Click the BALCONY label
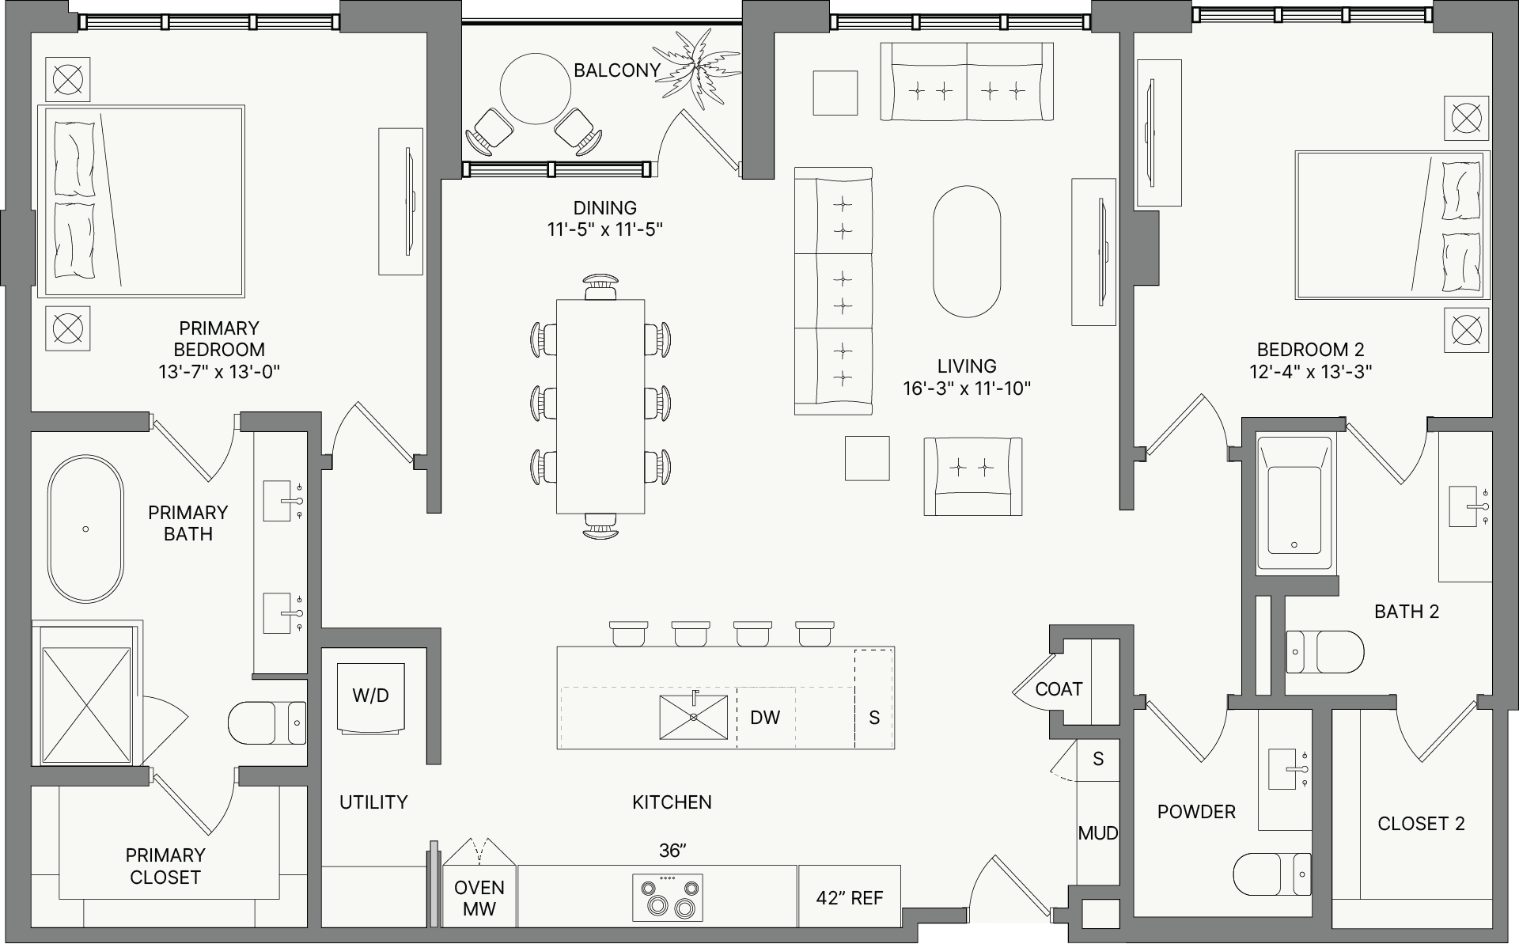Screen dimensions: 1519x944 click(x=616, y=70)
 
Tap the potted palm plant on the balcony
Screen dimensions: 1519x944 click(x=699, y=70)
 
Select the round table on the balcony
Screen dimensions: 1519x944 click(x=536, y=88)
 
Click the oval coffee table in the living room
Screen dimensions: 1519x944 click(x=967, y=251)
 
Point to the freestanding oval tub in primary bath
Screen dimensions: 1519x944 click(x=86, y=530)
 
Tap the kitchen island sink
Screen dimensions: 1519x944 click(x=693, y=717)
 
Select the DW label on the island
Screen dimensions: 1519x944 click(x=765, y=718)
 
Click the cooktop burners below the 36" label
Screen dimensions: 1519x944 click(x=668, y=897)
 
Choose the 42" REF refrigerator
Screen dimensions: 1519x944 click(x=850, y=897)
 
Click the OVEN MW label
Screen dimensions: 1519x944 click(x=479, y=898)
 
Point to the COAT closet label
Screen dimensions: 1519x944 click(x=1059, y=689)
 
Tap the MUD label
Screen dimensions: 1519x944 click(x=1098, y=832)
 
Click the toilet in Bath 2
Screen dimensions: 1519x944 click(x=1325, y=652)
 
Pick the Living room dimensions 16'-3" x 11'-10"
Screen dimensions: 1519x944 click(x=967, y=389)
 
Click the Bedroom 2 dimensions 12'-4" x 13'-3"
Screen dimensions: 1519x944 click(x=1310, y=370)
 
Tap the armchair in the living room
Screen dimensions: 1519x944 click(x=973, y=476)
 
